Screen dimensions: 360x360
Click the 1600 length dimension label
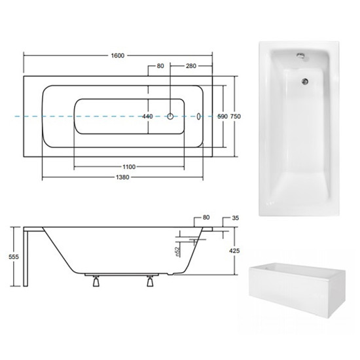click(118, 56)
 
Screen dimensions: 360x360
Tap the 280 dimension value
click(191, 66)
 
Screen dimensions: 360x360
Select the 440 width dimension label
click(147, 117)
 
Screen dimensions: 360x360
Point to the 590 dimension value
click(223, 117)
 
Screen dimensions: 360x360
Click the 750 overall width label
click(236, 117)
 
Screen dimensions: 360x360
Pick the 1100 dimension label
click(129, 167)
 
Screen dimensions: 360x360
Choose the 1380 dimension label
click(122, 177)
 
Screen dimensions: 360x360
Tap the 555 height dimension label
click(14, 257)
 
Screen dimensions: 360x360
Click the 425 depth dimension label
click(234, 251)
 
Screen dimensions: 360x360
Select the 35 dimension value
click(236, 218)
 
